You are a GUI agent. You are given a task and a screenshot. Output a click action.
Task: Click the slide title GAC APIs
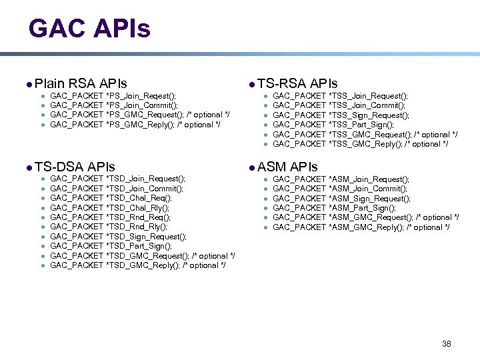tap(89, 29)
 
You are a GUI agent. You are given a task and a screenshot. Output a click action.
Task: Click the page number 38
tap(447, 343)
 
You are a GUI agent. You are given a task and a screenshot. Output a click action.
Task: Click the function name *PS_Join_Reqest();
tap(141, 96)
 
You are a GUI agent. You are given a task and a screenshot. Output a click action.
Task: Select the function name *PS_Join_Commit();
tap(142, 105)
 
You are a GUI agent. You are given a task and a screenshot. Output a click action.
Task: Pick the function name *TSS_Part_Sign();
tap(361, 125)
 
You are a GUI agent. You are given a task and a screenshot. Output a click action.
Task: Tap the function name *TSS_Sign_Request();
tap(369, 115)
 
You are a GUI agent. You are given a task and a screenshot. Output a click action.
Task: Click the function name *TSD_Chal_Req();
tap(139, 198)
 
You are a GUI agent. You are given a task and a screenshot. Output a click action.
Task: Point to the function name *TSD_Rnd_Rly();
tap(137, 227)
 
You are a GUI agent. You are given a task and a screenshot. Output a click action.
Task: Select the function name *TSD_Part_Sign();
tap(139, 246)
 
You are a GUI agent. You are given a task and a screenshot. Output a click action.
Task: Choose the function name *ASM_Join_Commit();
tap(368, 189)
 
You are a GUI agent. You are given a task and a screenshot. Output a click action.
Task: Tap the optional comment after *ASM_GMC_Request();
tap(436, 217)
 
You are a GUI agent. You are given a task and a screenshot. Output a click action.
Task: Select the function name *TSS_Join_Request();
tap(369, 96)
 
